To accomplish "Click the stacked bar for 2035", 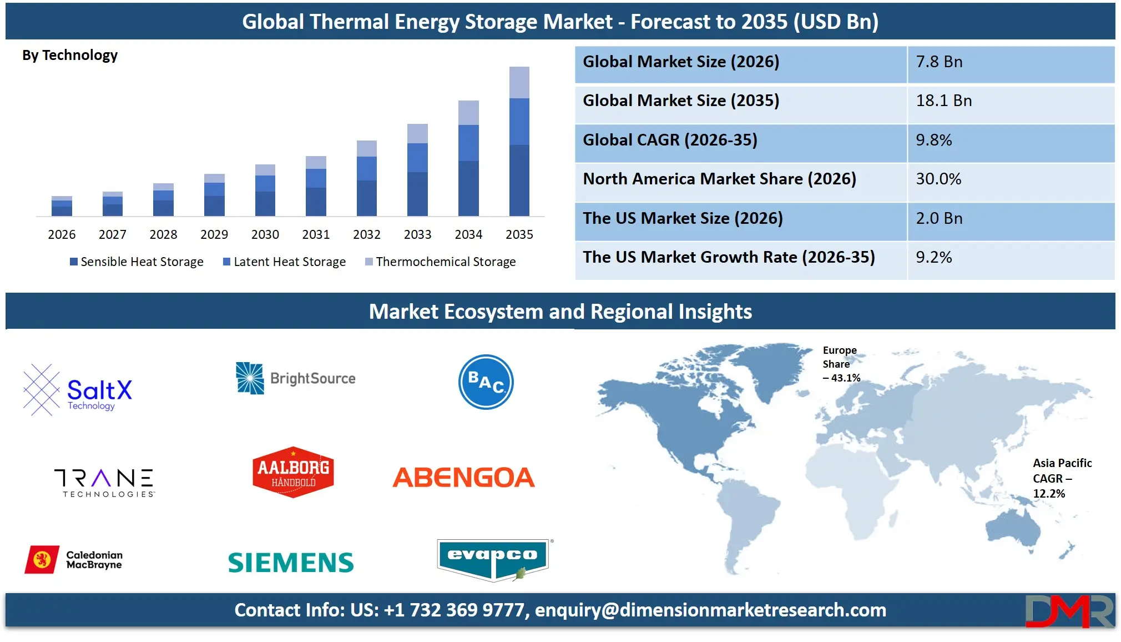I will coord(519,142).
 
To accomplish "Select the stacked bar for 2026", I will coord(62,206).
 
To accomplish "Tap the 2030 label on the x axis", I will coord(265,234).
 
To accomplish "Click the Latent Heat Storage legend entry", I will coord(284,262).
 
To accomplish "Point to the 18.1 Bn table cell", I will coord(943,101).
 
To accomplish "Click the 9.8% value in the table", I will coord(933,140).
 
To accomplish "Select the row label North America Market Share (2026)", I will coord(719,179).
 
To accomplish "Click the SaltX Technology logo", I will coord(78,390).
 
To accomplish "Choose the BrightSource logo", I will coord(296,379).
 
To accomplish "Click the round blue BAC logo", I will coord(486,382).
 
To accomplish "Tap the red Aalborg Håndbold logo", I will coord(293,473).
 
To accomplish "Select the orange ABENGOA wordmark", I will coord(463,478).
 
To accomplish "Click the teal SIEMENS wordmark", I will coord(291,563).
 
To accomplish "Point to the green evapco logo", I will coord(493,559).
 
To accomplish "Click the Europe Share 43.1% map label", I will coord(840,364).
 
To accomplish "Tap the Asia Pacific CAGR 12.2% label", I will coord(1061,478).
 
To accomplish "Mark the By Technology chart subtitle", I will coord(70,56).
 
